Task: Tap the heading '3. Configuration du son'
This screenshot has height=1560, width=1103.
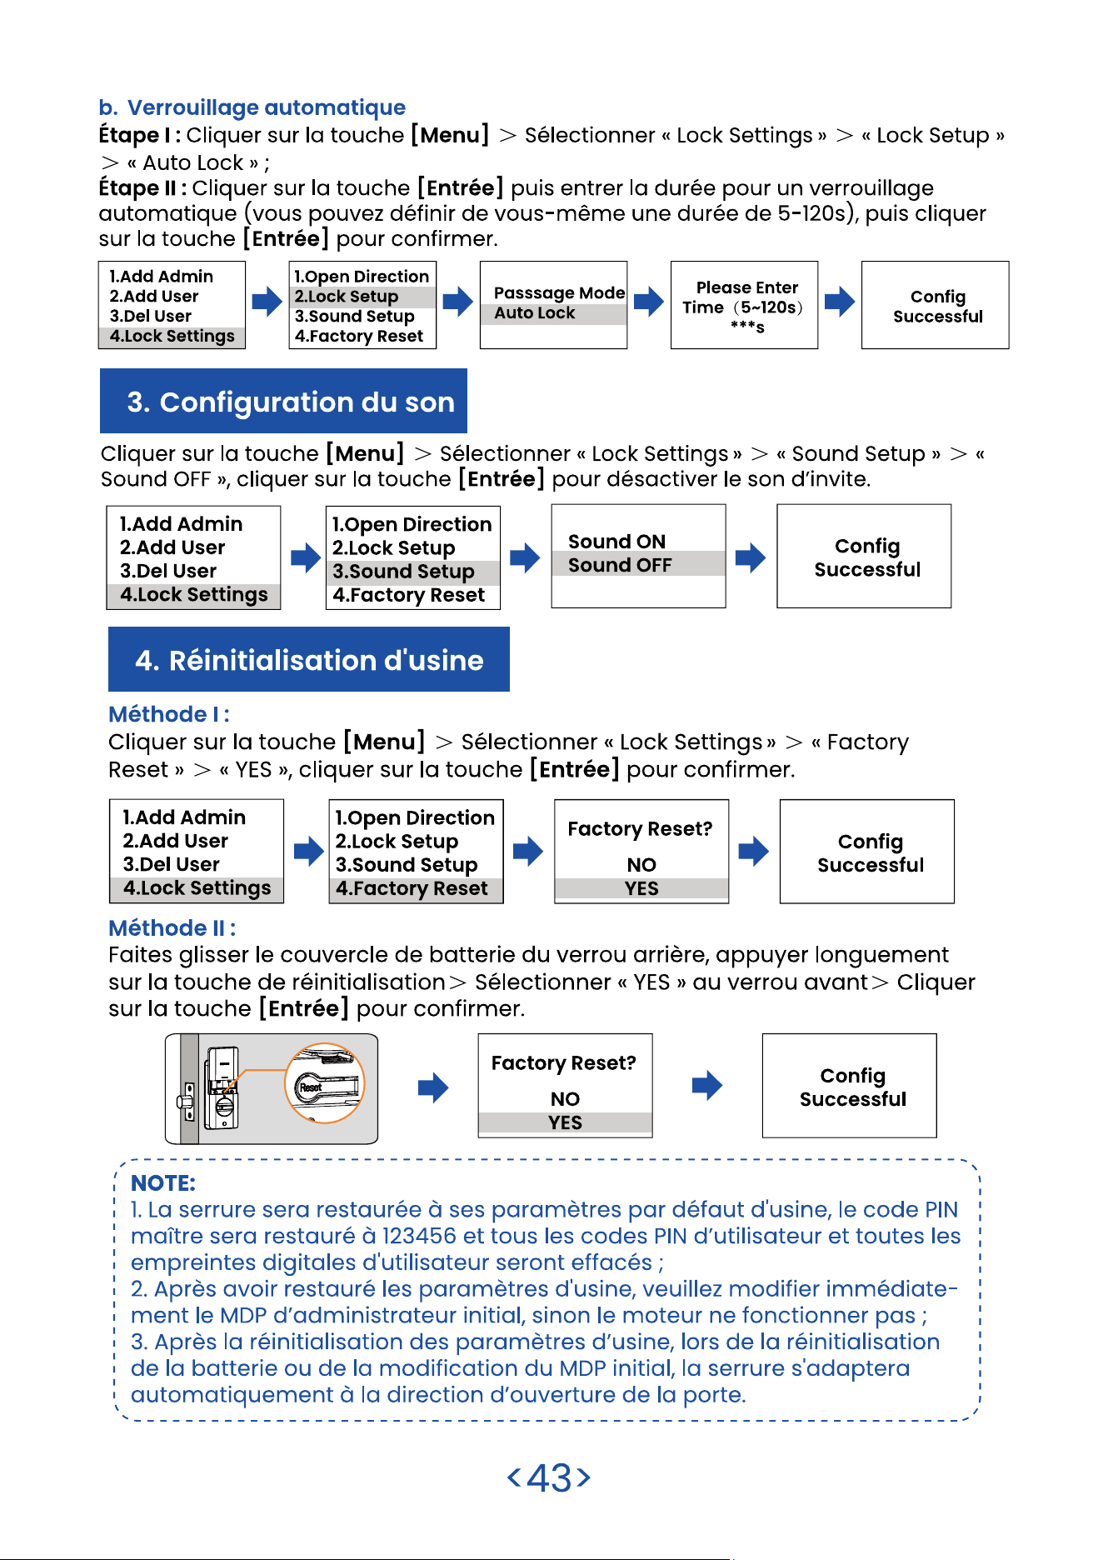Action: point(291,402)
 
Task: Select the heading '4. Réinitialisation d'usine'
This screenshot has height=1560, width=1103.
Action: point(309,660)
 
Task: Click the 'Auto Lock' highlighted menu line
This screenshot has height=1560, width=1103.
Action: point(535,313)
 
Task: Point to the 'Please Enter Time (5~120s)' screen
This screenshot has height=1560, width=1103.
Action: point(744,305)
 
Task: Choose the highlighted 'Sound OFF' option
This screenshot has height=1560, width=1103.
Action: point(620,565)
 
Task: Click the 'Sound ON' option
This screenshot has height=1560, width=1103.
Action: point(616,542)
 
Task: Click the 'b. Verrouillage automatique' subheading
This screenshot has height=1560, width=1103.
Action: point(252,107)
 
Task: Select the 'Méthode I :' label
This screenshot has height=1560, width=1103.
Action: point(169,714)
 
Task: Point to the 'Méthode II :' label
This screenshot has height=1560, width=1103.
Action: point(172,927)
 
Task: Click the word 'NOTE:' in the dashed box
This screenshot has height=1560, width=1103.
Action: point(163,1183)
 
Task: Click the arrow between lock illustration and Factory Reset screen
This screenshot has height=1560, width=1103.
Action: point(433,1087)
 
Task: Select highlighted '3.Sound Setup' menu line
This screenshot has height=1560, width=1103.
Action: point(403,572)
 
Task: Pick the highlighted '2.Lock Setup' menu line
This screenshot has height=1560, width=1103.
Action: point(347,297)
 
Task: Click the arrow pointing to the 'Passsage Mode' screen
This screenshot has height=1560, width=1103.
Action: point(457,301)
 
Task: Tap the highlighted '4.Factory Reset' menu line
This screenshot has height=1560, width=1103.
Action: point(412,888)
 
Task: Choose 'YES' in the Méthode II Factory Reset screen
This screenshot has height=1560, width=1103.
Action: point(566,1122)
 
